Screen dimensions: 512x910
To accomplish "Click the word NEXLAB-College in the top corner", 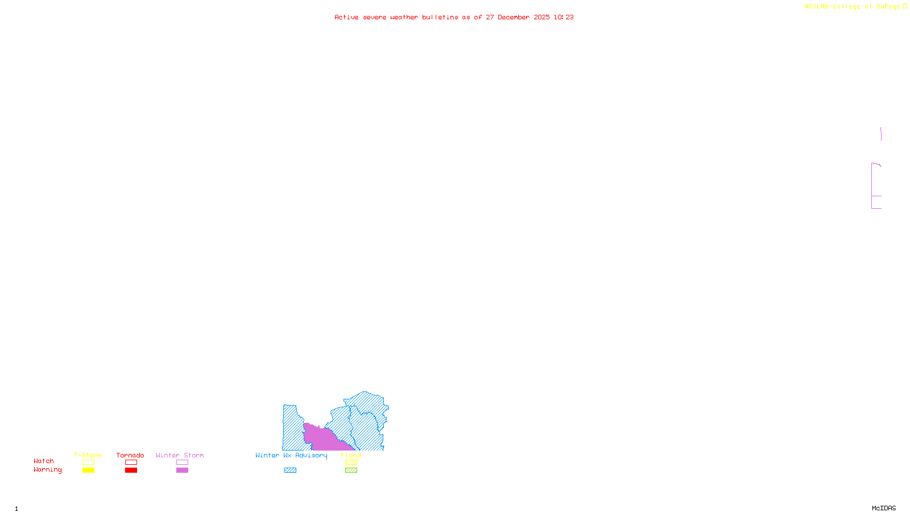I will (832, 7).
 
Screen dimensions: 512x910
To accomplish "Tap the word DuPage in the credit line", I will (888, 7).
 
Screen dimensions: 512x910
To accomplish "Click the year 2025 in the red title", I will (541, 18).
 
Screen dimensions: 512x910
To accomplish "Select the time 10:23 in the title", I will (564, 18).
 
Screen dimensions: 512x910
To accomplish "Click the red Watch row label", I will (44, 461).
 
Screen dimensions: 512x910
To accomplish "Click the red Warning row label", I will (47, 470).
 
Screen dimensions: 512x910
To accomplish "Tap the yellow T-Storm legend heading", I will (88, 455).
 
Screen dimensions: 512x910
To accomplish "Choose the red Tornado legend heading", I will (130, 455).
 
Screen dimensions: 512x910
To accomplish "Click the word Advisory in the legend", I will (311, 455).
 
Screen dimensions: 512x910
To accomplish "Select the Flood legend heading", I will (351, 455).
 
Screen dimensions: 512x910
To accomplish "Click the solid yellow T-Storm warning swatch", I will (88, 470).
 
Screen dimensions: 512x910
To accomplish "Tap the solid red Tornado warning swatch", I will (131, 470).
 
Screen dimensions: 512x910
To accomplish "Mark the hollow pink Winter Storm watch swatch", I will (182, 463).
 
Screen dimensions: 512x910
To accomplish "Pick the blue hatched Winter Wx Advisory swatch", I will (290, 470).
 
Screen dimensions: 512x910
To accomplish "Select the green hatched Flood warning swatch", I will (351, 470).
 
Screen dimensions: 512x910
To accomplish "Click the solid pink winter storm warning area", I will (321, 438).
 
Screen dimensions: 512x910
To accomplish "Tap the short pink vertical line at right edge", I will (881, 134).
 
